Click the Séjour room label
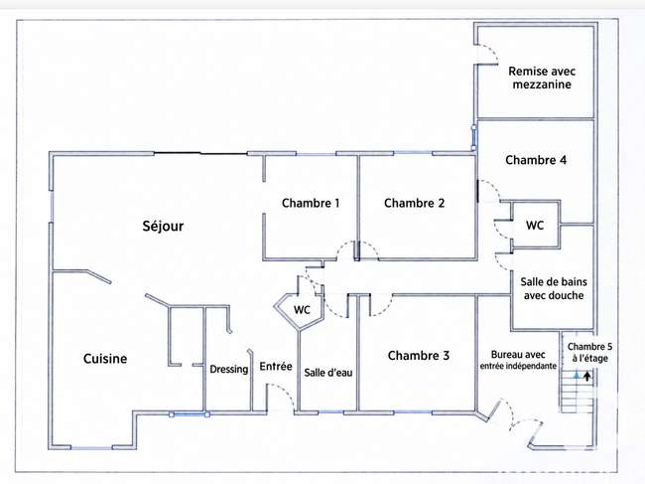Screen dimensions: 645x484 click(x=163, y=226)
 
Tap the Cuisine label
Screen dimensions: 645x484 click(x=105, y=359)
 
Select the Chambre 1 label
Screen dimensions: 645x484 click(x=311, y=203)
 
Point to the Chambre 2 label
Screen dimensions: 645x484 click(x=414, y=203)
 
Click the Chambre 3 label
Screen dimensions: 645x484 click(x=419, y=356)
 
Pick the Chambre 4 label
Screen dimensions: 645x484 click(x=536, y=160)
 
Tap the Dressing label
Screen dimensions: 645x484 click(x=228, y=369)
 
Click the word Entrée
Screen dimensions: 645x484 click(x=276, y=366)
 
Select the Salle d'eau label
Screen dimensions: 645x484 click(x=328, y=373)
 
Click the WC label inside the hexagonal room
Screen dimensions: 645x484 click(x=302, y=310)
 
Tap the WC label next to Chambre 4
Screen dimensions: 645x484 click(x=535, y=226)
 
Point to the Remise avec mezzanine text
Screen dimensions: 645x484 click(x=542, y=78)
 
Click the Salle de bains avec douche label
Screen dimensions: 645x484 click(x=554, y=289)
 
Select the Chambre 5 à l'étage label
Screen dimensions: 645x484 click(x=589, y=353)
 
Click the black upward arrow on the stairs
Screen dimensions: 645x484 click(x=587, y=376)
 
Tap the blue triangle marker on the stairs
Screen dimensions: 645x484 click(x=577, y=376)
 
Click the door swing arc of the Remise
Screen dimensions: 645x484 click(x=492, y=49)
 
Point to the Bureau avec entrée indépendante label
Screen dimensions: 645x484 click(x=518, y=360)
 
